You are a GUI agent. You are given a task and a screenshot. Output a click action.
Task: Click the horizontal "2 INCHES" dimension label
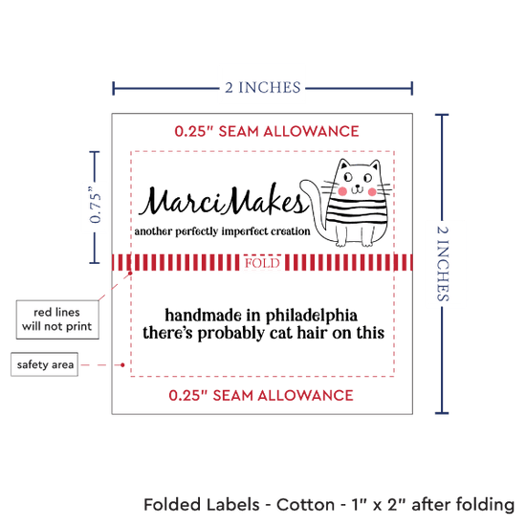coord(263,88)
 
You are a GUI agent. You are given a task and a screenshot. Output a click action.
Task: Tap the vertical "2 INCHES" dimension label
coord(443,263)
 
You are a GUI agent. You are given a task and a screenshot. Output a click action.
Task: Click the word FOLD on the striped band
coord(262,263)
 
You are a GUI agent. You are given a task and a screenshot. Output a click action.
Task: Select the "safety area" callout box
coord(45,364)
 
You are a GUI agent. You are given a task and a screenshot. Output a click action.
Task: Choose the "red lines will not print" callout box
coord(57,319)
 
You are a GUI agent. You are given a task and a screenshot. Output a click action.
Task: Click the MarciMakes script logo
coord(224,201)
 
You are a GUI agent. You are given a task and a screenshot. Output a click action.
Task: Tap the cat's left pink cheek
coord(342,191)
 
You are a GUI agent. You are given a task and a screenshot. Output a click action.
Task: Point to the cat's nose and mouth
coord(358,188)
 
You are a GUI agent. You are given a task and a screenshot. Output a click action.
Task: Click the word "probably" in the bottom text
coord(231,334)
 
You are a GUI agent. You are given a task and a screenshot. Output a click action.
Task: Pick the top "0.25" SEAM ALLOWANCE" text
coord(267,131)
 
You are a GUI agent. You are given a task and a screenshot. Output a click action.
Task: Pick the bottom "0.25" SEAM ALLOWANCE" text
coord(261,395)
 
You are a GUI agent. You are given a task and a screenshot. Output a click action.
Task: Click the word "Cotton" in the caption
coord(305,505)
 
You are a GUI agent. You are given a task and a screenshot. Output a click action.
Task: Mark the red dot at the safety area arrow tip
coord(122,364)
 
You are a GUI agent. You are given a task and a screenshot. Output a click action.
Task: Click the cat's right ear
coord(375,165)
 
